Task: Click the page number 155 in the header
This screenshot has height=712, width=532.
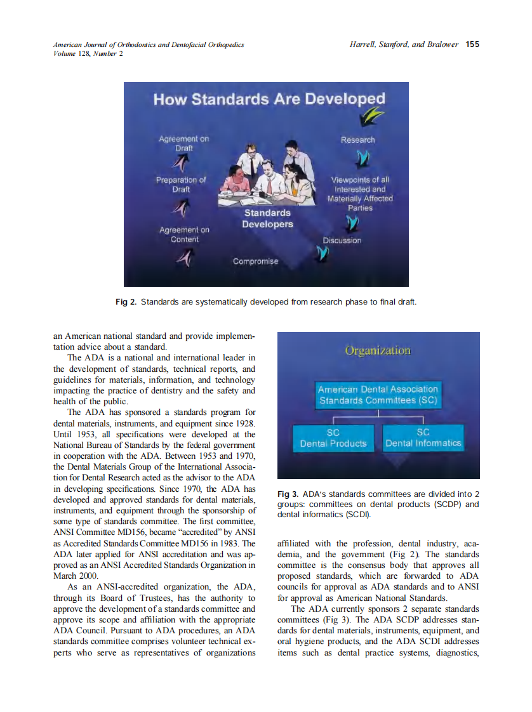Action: (x=472, y=44)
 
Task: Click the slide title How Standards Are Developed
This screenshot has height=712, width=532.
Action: (x=269, y=100)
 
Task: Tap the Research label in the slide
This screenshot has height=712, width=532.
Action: (x=357, y=140)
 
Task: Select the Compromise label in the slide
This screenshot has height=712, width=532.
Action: (x=255, y=261)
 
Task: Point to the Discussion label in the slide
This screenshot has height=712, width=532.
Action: (x=342, y=241)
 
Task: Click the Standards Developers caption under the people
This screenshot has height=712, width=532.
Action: (x=267, y=218)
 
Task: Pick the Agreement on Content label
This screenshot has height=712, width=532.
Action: (x=184, y=235)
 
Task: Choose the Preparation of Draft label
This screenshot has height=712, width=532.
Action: (x=181, y=185)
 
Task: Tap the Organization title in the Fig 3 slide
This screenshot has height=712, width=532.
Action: (x=378, y=350)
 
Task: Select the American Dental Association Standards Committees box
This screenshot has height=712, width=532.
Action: (x=378, y=395)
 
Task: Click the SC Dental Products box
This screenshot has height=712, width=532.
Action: (x=333, y=437)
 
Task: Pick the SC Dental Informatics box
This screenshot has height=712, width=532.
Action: (x=423, y=437)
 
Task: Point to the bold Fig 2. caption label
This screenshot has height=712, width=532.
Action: (x=126, y=301)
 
